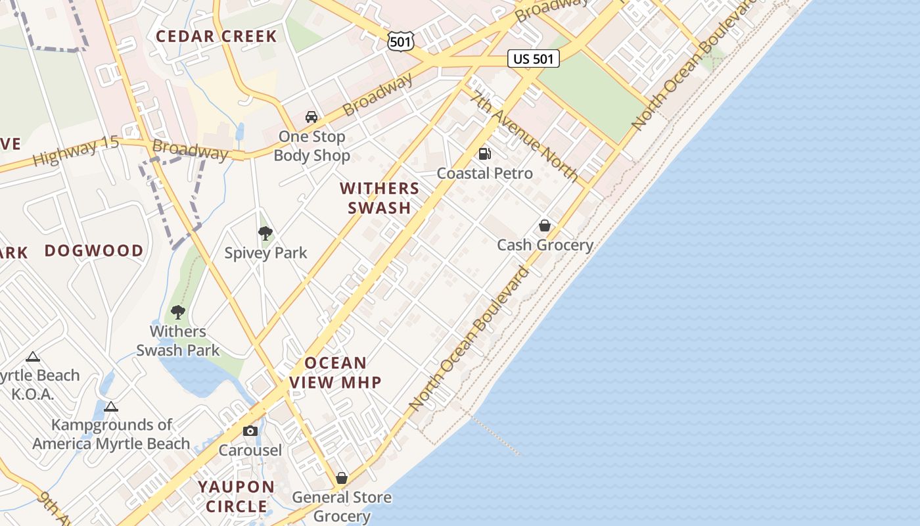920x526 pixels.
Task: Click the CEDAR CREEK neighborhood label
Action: (216, 36)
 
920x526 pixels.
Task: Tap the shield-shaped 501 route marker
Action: (400, 42)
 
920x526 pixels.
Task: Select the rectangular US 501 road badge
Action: (534, 59)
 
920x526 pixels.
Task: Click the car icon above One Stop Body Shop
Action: (311, 117)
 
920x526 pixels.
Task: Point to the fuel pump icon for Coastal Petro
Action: (485, 154)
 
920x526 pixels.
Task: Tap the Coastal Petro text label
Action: (484, 173)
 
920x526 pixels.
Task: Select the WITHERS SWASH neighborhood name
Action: (379, 198)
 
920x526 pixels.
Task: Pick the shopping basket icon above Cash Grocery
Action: (545, 226)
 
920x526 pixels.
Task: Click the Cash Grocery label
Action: (545, 245)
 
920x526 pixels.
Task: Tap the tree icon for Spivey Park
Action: (265, 233)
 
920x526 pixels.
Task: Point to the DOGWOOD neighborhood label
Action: (94, 251)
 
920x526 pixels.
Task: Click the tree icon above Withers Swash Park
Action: (177, 312)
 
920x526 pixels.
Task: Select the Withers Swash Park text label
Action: (177, 341)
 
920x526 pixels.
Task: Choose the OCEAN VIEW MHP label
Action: (335, 373)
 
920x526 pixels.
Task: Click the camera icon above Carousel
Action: (250, 431)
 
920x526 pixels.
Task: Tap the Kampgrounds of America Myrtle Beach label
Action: (111, 434)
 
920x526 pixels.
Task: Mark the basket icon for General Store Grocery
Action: (342, 478)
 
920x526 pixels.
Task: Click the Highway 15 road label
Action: (76, 153)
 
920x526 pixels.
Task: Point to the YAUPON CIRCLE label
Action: (237, 496)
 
